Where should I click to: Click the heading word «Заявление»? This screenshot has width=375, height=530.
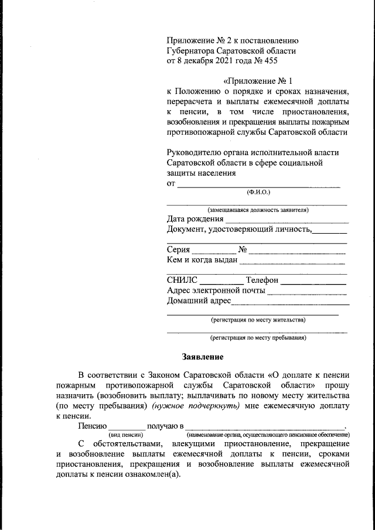[x=202, y=356]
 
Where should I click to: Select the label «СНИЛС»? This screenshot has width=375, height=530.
[x=182, y=280]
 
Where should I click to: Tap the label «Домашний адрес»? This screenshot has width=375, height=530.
[x=199, y=302]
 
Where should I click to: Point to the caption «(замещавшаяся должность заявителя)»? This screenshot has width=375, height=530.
[x=258, y=210]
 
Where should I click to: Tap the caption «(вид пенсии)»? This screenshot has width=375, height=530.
[x=126, y=435]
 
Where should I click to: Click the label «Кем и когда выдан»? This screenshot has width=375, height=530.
[x=202, y=260]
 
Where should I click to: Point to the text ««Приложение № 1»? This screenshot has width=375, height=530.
[x=257, y=80]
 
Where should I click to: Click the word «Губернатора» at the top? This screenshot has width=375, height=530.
[x=193, y=50]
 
